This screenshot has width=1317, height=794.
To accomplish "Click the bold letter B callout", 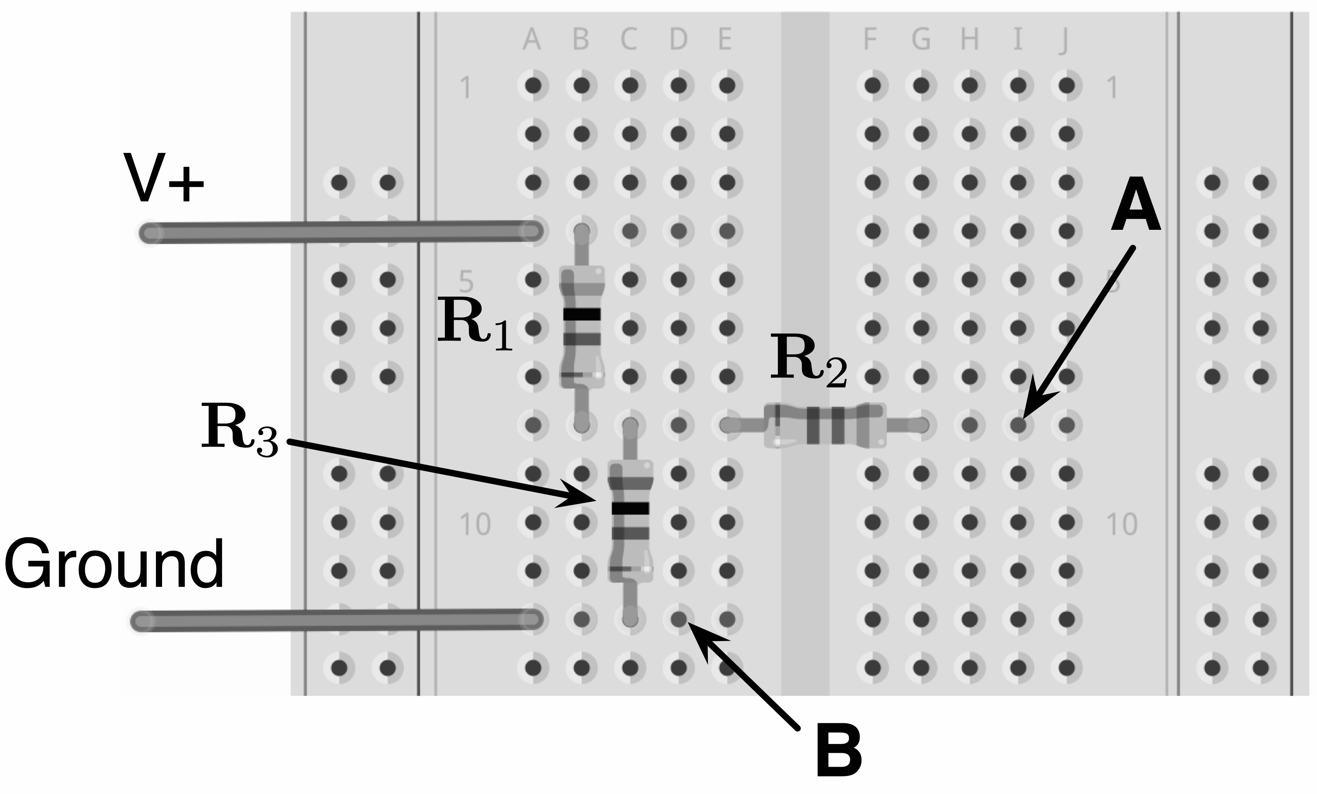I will click(x=838, y=751).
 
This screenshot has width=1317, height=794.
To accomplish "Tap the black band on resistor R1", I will click(x=581, y=314).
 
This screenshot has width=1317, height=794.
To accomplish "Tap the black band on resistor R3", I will click(x=630, y=508).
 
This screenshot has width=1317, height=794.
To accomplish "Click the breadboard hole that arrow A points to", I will click(x=1018, y=425).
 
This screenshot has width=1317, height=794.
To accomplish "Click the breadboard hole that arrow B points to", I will click(x=678, y=619).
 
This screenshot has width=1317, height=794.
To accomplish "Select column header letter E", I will click(x=725, y=40).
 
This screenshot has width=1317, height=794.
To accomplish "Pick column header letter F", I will click(x=870, y=40).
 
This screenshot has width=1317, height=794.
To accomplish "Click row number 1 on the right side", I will click(x=1112, y=88).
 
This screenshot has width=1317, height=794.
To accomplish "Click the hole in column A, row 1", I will click(x=533, y=85).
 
